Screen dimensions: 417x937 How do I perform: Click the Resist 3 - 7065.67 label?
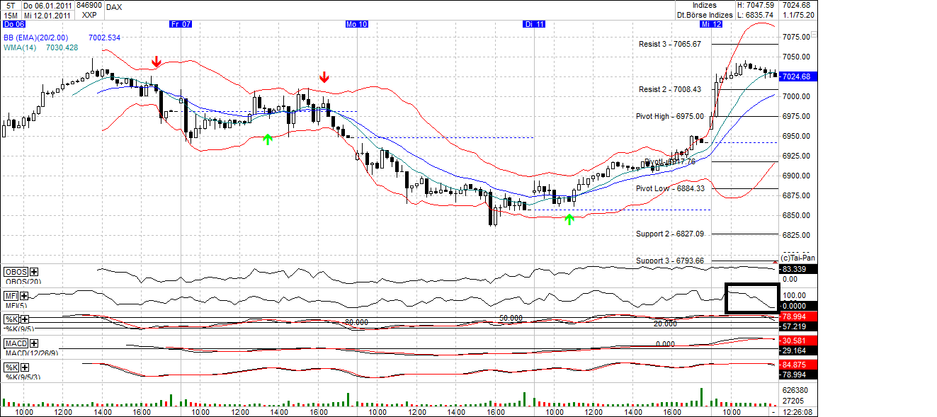(x=669, y=44)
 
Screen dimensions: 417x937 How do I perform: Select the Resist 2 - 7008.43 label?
(x=669, y=89)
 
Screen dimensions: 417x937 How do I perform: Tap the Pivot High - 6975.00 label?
(x=669, y=116)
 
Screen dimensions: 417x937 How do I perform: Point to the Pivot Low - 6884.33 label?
(x=669, y=188)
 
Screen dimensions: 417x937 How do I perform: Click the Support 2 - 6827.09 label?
(x=669, y=234)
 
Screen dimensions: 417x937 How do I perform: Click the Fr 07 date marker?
(x=181, y=24)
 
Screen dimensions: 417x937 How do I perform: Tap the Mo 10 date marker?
(x=356, y=24)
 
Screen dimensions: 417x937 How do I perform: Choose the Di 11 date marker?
(x=534, y=24)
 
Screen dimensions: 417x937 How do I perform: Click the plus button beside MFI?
(x=24, y=296)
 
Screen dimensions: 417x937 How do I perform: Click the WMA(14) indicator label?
(x=21, y=47)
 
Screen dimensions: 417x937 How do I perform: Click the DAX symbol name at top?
(x=113, y=6)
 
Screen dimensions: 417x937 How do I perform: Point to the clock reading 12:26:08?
(x=798, y=411)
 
